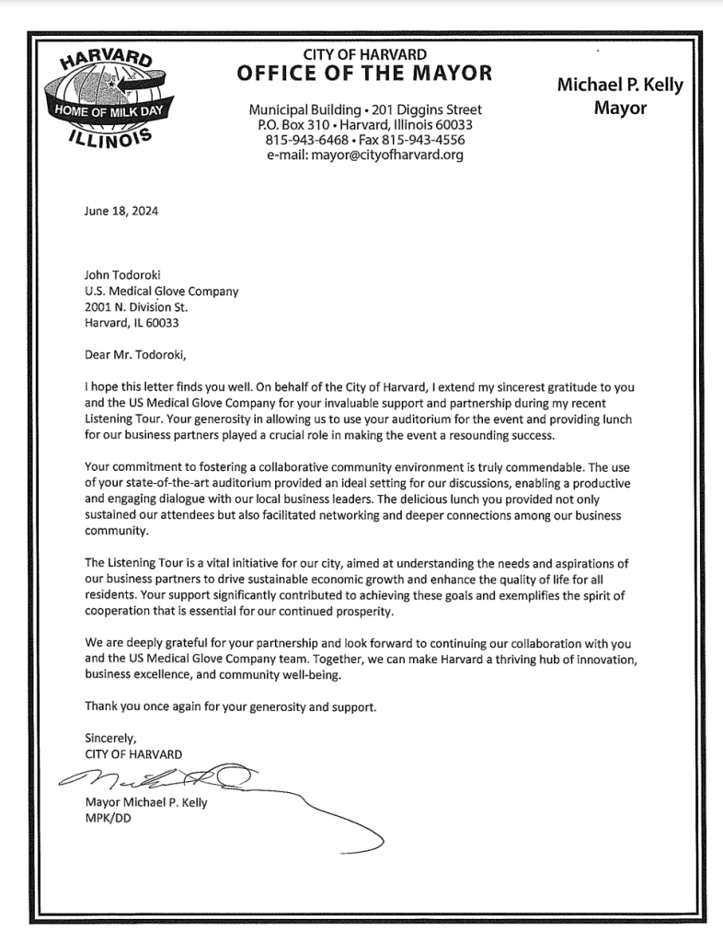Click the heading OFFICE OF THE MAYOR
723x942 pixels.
(364, 75)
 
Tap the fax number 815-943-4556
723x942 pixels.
(425, 140)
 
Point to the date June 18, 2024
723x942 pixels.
(120, 211)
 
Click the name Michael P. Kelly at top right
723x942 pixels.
(620, 86)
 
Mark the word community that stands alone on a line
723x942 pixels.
(117, 531)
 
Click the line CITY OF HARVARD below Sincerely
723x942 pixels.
(132, 753)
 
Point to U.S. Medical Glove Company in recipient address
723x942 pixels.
(161, 292)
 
